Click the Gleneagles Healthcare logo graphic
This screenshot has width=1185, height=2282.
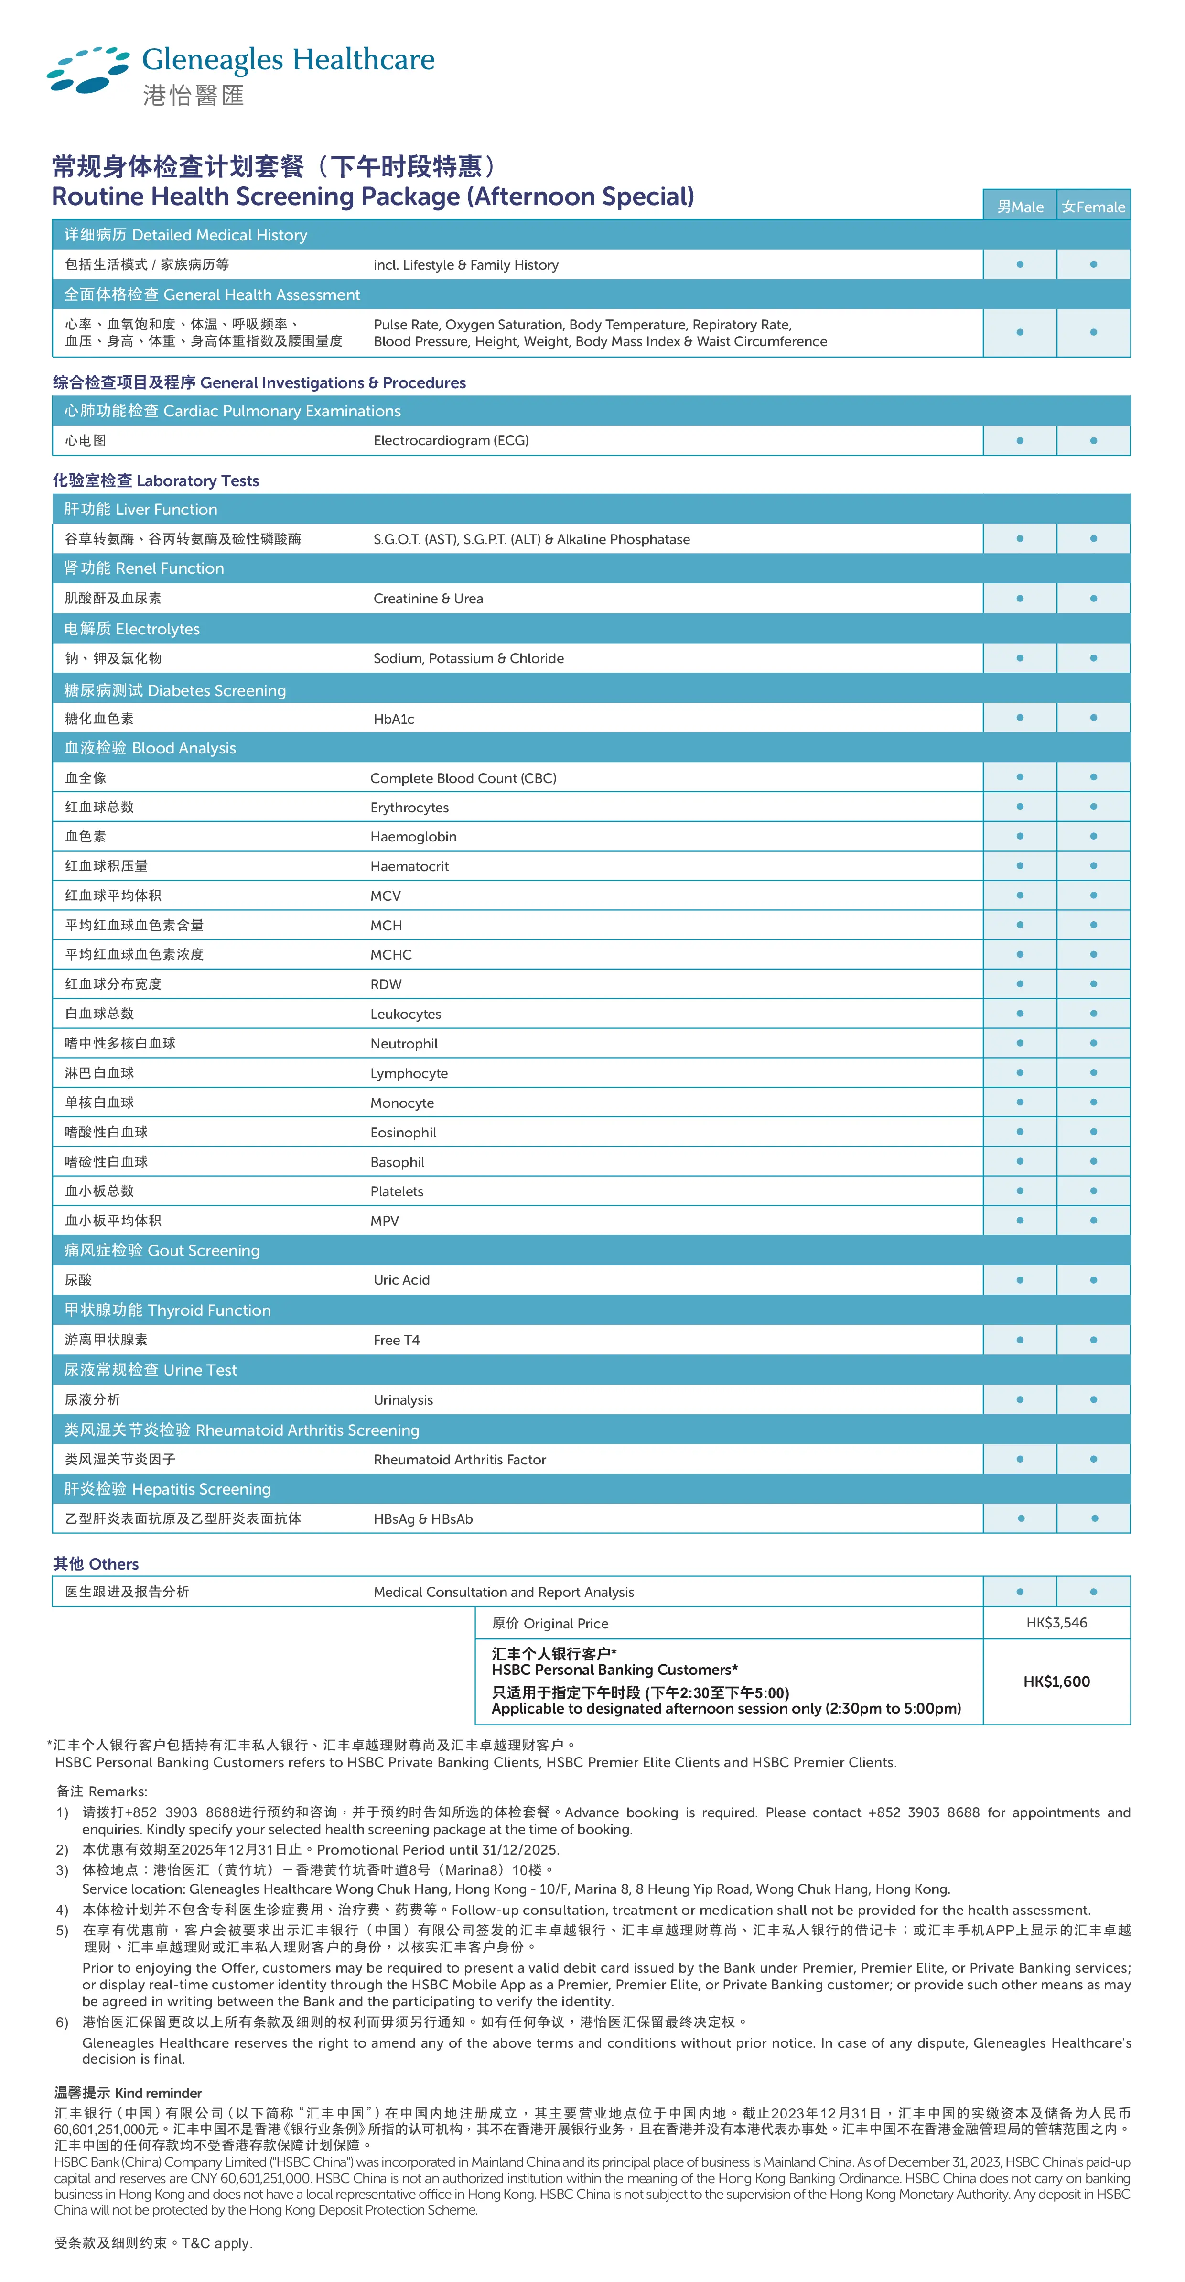(x=88, y=69)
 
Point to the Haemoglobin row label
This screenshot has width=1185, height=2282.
(x=413, y=836)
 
